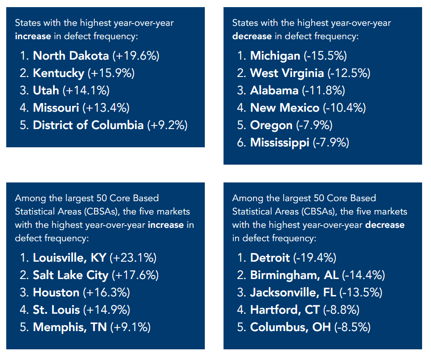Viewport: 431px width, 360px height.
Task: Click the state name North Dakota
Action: [x=71, y=56]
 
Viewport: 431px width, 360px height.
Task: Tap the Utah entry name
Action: [x=46, y=90]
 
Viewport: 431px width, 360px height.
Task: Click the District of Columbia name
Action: [x=88, y=125]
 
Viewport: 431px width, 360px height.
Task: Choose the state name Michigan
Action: [x=275, y=56]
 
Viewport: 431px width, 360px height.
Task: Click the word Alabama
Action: [x=274, y=90]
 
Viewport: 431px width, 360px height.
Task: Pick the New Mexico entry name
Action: [x=285, y=108]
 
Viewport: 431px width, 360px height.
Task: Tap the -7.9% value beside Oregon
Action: [x=315, y=125]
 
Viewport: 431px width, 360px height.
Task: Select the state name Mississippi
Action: [x=280, y=142]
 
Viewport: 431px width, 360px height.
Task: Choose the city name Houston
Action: [x=56, y=292]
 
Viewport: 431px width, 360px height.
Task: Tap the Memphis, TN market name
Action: [x=70, y=327]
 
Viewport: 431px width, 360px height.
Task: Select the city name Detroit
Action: [x=270, y=258]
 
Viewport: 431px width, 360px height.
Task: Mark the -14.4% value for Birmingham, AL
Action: [x=363, y=275]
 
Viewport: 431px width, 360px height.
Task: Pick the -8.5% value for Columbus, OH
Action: [x=353, y=327]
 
